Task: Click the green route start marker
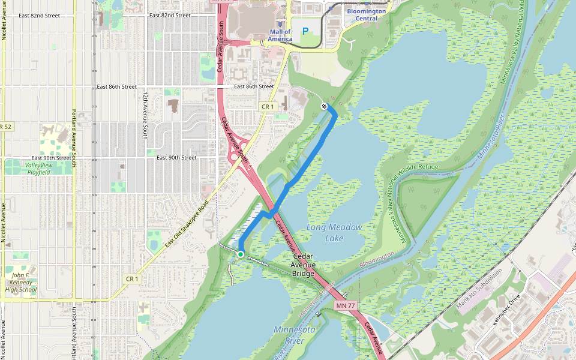pyautogui.click(x=240, y=254)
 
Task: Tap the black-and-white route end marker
pyautogui.click(x=324, y=106)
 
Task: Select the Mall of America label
pyautogui.click(x=280, y=35)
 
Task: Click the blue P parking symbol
pyautogui.click(x=305, y=31)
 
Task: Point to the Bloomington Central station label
pyautogui.click(x=366, y=14)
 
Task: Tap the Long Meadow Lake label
pyautogui.click(x=334, y=233)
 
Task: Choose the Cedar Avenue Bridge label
pyautogui.click(x=303, y=265)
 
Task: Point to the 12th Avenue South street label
pyautogui.click(x=146, y=116)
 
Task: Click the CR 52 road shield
pyautogui.click(x=5, y=127)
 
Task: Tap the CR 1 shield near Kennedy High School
pyautogui.click(x=133, y=278)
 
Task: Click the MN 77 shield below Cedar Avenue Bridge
pyautogui.click(x=346, y=306)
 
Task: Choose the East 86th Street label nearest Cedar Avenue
pyautogui.click(x=254, y=86)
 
